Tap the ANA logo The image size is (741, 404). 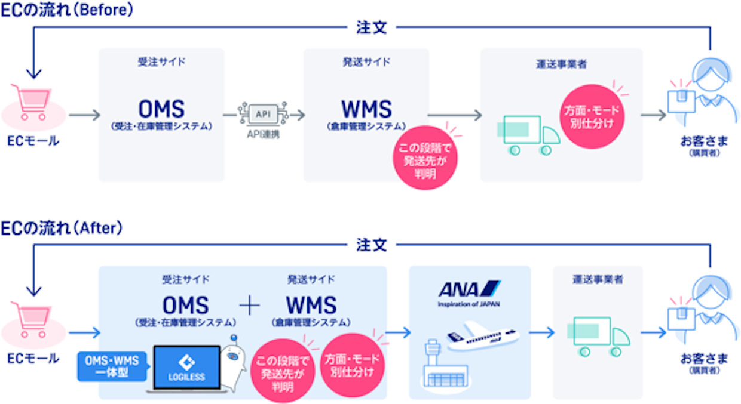pos(469,289)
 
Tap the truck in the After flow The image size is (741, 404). pos(601,337)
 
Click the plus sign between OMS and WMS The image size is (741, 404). pos(250,306)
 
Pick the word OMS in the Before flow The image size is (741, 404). pos(161,109)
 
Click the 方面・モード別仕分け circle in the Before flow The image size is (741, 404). pos(592,117)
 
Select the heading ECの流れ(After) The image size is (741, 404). pos(62,228)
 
